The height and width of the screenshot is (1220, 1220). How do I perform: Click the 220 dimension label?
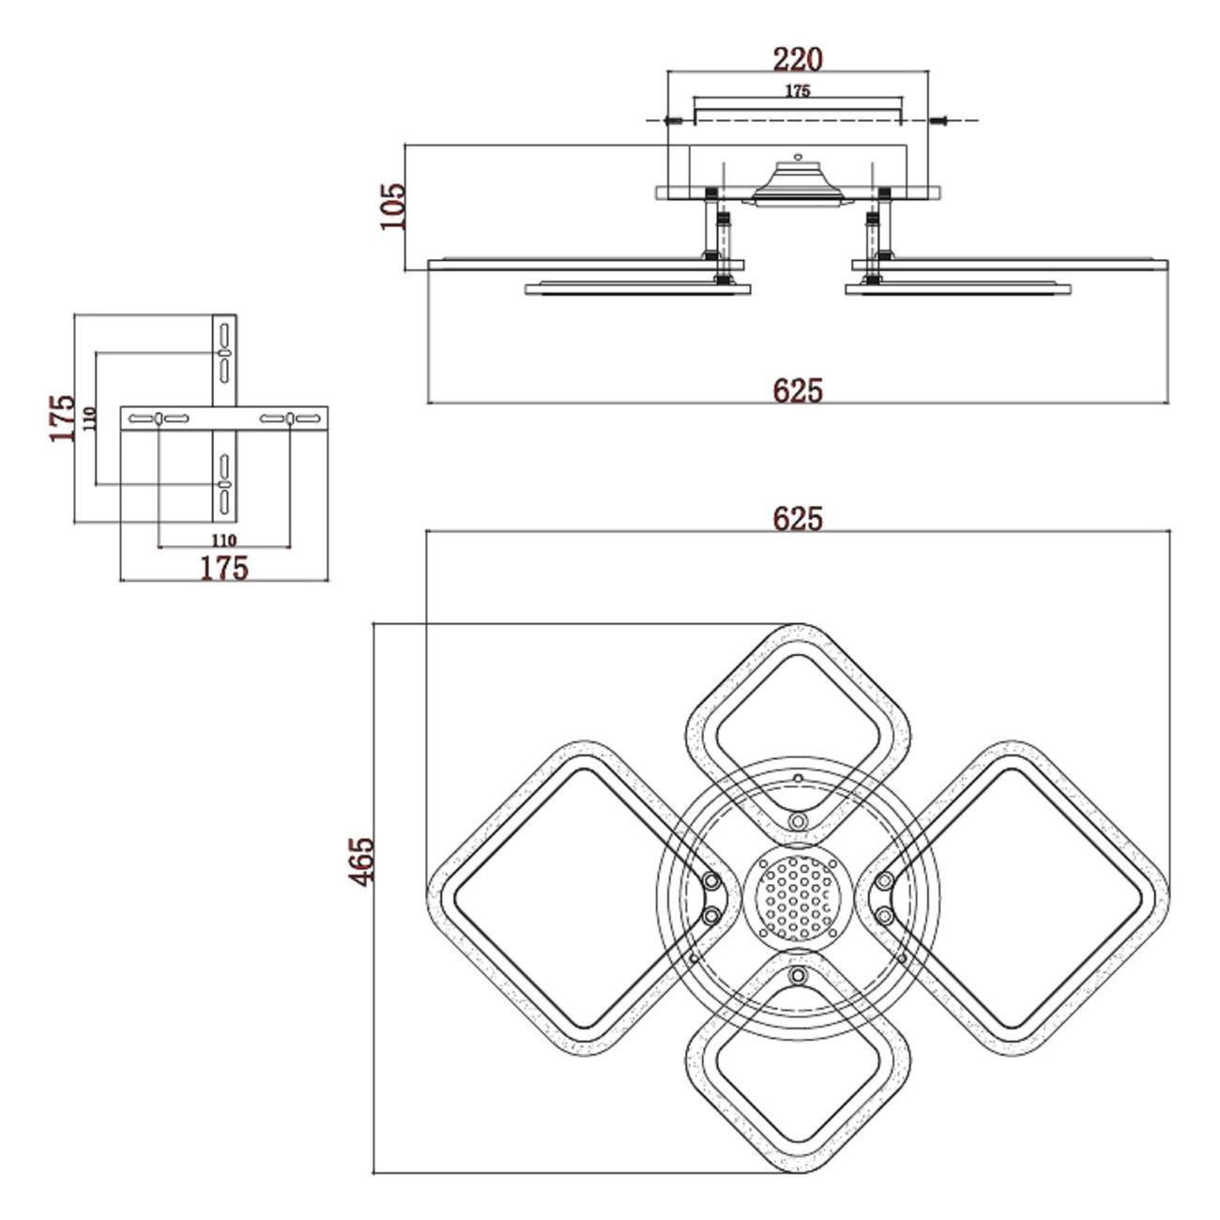coord(797,59)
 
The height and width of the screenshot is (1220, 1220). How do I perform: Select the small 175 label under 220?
coord(797,91)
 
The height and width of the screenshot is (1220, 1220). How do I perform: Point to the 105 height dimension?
coord(392,206)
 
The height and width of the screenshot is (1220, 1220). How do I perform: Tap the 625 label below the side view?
coord(798,390)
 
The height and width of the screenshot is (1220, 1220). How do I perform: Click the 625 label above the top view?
coord(798,518)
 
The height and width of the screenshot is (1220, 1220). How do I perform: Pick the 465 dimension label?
coord(361,860)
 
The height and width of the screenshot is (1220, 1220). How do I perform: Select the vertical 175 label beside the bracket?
coord(62,418)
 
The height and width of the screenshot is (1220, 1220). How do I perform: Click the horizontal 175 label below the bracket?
coord(224,568)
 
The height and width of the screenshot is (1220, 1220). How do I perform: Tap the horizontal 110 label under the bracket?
coord(223,540)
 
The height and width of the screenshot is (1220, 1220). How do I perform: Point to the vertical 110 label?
coord(89,419)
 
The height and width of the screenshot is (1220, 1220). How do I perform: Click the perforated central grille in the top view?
coord(797,899)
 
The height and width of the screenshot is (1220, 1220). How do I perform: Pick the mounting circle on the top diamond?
coord(798,822)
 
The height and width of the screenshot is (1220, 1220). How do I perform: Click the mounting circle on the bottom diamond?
coord(798,977)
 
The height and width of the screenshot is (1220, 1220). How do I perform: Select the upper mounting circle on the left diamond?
coord(712,881)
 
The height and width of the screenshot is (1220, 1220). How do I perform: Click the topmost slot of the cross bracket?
coord(224,334)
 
